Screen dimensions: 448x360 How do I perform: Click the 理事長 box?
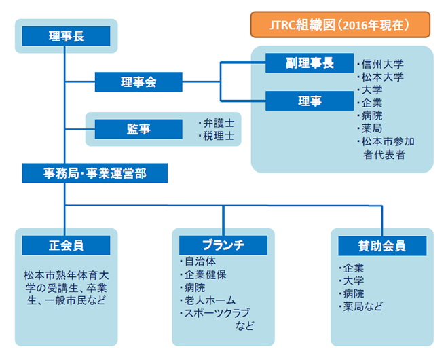(66, 36)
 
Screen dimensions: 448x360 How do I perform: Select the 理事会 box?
(138, 82)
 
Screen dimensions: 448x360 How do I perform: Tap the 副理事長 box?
(310, 63)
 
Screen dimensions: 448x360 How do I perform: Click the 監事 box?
(138, 129)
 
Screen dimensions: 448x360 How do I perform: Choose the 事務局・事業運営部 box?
(94, 173)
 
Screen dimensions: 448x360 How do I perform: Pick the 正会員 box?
(66, 245)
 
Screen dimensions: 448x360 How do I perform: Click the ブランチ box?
(223, 245)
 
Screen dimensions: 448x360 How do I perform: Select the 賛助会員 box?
(382, 246)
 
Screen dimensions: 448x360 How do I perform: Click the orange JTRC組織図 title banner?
(340, 24)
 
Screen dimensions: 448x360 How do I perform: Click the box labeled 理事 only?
(310, 101)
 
